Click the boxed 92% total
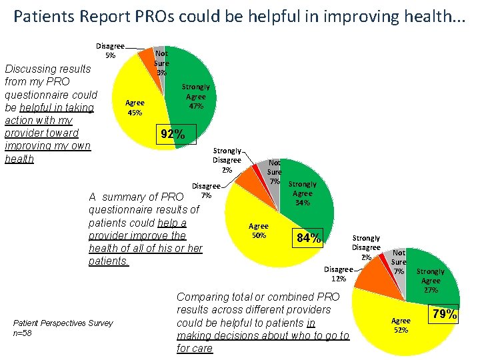coord(173,134)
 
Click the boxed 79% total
coord(443,313)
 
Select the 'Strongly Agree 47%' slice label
coord(196,97)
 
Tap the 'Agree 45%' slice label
coord(135,107)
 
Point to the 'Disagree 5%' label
coord(110,50)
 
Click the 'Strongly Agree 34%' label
coord(302,193)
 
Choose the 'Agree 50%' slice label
coord(259,231)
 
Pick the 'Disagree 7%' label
coord(206,191)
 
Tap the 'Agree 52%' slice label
coord(401,325)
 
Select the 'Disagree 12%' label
coord(339,274)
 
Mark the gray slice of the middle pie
coord(273,175)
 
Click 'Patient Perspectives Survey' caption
coord(63,323)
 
